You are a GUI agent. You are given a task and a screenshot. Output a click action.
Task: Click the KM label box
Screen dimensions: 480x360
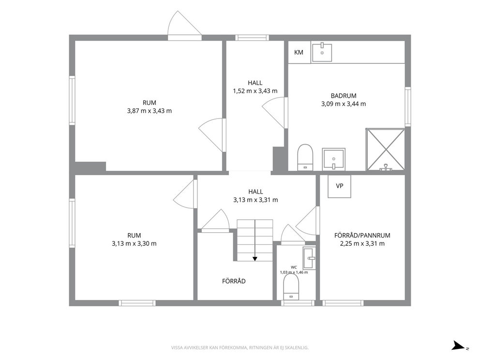[x=300, y=52]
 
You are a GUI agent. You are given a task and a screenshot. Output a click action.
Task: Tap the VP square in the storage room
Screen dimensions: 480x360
[x=339, y=186]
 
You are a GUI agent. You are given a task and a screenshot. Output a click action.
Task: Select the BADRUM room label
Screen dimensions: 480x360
[x=344, y=96]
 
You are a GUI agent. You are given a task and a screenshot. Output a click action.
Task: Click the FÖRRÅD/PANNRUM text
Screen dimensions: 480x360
[x=362, y=236]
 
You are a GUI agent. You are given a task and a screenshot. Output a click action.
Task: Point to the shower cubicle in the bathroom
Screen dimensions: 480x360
[x=386, y=150]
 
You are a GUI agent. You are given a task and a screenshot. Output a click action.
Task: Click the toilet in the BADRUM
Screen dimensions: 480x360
[x=305, y=157]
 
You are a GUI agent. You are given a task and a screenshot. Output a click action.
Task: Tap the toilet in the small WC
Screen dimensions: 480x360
[x=291, y=287]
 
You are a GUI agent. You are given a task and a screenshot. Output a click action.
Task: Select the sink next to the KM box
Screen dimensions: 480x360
[x=322, y=52]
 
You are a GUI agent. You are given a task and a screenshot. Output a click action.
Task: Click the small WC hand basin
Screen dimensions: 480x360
[x=309, y=258]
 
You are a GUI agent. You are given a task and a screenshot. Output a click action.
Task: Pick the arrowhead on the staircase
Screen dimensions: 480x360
[x=255, y=259]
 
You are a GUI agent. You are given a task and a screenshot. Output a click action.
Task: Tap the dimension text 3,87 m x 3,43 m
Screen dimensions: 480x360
[x=150, y=111]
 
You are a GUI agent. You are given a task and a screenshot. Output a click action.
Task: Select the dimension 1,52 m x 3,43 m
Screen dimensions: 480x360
[x=255, y=91]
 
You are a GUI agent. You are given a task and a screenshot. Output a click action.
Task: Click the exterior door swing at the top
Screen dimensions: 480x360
[x=184, y=23]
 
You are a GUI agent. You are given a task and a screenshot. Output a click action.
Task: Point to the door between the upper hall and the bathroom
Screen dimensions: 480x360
[x=275, y=113]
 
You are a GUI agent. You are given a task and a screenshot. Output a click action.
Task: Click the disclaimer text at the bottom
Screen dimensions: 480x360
[x=240, y=347]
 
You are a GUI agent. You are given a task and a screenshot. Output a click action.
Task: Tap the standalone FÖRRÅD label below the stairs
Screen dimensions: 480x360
[x=234, y=281]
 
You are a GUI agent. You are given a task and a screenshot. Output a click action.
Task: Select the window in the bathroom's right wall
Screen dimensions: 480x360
[x=408, y=106]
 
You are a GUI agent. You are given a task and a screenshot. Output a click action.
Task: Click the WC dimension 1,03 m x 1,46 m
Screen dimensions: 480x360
[x=294, y=272]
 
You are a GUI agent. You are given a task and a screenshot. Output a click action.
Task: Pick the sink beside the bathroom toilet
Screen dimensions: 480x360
[x=334, y=159]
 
